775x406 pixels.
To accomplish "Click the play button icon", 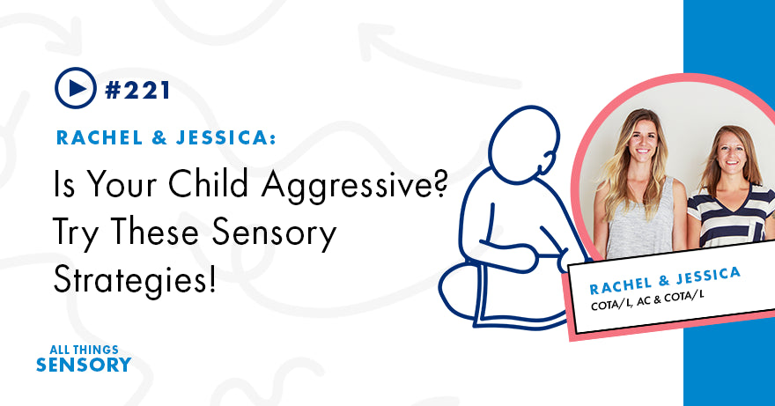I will (x=75, y=87).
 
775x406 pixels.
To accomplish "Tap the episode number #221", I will (x=137, y=88).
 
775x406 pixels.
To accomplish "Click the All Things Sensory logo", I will (x=85, y=357).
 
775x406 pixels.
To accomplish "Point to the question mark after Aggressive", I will (x=447, y=186).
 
